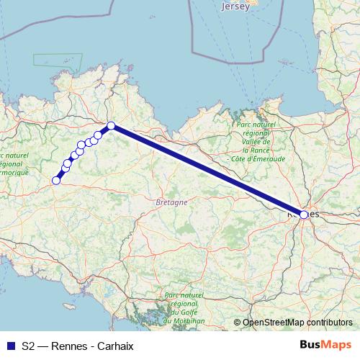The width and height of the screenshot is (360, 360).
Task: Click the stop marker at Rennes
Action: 304,215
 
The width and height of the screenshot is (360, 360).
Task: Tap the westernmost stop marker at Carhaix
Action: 55,181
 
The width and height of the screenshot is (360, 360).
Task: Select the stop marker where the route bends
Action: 112,127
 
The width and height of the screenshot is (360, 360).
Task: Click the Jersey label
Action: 236,6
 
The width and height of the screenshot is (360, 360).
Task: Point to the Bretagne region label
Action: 171,202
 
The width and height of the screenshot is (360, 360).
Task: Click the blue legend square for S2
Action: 10,346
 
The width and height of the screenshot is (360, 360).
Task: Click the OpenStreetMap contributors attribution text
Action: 297,323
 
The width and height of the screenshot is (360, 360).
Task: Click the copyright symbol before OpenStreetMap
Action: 238,323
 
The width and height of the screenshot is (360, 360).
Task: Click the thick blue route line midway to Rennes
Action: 207,171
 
